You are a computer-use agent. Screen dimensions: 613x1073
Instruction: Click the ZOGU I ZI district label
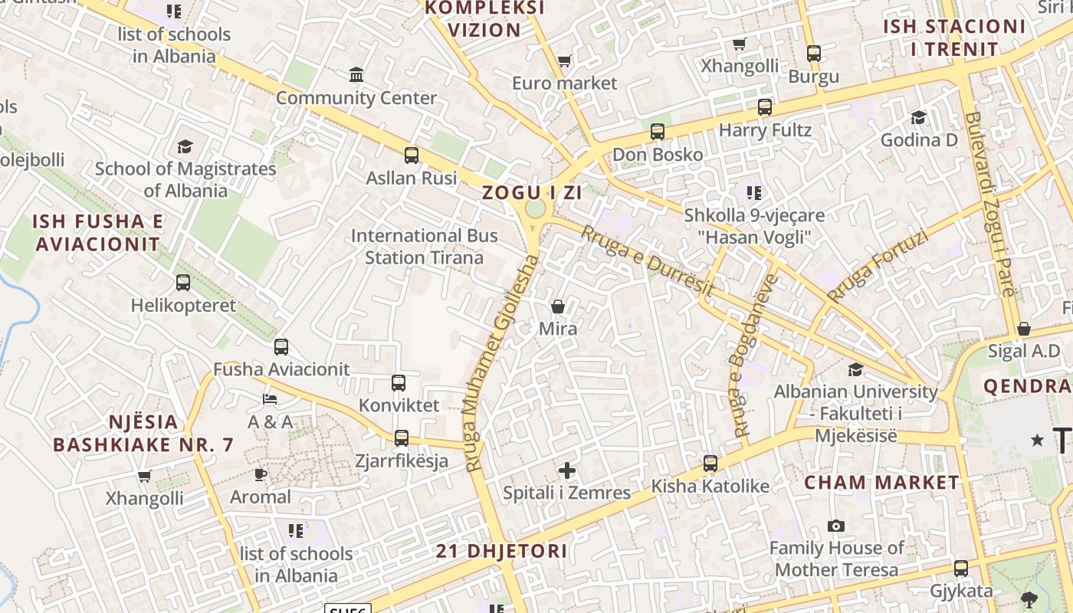click(x=532, y=193)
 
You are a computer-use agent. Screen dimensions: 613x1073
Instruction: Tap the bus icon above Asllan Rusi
click(x=412, y=156)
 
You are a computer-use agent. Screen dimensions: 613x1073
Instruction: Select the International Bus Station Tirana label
click(x=424, y=246)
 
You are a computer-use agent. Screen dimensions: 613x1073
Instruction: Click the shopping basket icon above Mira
click(x=558, y=306)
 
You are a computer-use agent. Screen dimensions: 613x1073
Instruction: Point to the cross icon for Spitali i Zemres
click(x=567, y=470)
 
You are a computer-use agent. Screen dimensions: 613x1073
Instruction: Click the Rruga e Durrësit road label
click(x=648, y=261)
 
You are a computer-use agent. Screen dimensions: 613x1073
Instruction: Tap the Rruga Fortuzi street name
click(x=877, y=266)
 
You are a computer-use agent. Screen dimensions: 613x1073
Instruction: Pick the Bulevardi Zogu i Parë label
click(x=989, y=204)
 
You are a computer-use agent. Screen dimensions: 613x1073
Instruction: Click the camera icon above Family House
click(x=836, y=526)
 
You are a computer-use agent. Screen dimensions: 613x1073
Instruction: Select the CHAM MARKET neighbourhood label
click(x=881, y=483)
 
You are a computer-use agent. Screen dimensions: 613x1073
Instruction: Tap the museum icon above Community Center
click(x=356, y=75)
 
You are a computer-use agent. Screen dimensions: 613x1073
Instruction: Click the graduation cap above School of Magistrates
click(x=185, y=146)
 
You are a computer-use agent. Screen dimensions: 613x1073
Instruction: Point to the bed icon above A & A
click(x=270, y=398)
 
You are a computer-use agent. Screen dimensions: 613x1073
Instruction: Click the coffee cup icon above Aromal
click(x=261, y=474)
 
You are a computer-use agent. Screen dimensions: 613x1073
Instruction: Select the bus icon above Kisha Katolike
click(x=710, y=464)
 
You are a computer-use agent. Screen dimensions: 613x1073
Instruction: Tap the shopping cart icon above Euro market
click(x=565, y=61)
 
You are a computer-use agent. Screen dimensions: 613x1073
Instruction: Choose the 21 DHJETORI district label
click(x=502, y=551)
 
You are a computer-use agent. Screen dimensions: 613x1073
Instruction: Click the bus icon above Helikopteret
click(x=183, y=283)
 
